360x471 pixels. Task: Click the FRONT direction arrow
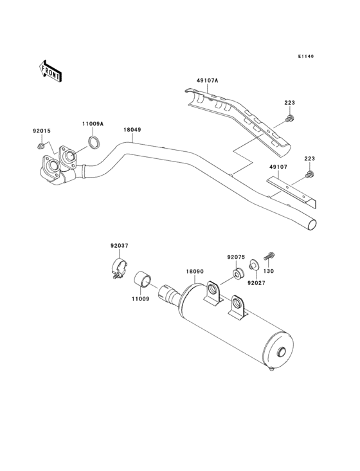tap(51, 70)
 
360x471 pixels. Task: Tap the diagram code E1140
tap(305, 57)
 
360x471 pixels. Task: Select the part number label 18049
tap(132, 129)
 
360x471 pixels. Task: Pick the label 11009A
tap(92, 124)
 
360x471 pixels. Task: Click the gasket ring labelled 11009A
tap(93, 142)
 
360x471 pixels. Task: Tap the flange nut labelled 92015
tap(42, 147)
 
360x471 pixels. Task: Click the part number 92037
tap(119, 245)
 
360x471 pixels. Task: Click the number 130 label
tap(269, 271)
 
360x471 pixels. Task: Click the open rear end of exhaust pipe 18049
tap(312, 225)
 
